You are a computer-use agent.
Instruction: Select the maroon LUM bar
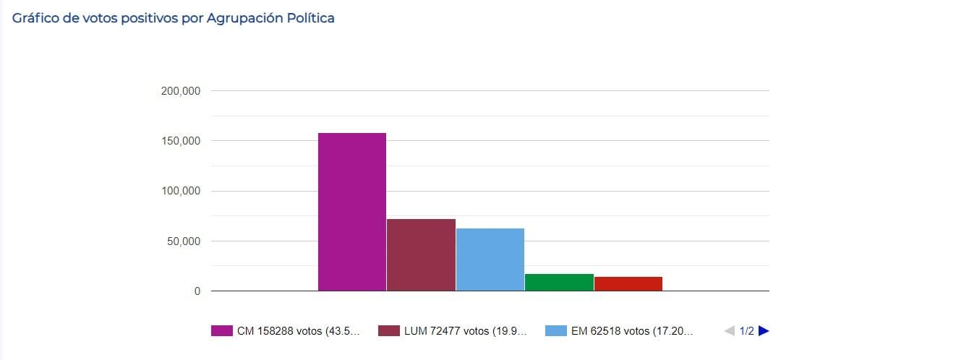coord(421,254)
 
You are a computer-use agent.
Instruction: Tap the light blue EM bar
coord(490,260)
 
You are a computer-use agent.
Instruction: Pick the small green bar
coord(559,283)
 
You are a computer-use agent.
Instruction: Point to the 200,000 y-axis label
coord(181,91)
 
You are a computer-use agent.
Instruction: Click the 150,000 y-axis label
coord(181,141)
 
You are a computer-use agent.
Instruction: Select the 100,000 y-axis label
coord(181,191)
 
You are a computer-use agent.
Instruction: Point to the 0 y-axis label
coord(196,291)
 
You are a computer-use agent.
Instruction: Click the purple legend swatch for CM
coord(221,331)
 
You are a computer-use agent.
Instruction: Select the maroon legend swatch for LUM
coord(388,331)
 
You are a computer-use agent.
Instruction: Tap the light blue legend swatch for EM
coord(555,331)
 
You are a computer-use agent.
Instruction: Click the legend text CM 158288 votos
coord(298,331)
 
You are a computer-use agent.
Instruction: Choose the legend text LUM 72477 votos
coord(466,331)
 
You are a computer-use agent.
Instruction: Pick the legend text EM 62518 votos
coord(632,331)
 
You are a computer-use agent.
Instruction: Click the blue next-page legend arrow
coord(764,331)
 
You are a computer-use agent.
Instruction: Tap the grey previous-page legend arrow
coord(729,331)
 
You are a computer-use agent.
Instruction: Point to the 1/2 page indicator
coord(746,331)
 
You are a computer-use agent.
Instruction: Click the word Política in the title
coord(310,18)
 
